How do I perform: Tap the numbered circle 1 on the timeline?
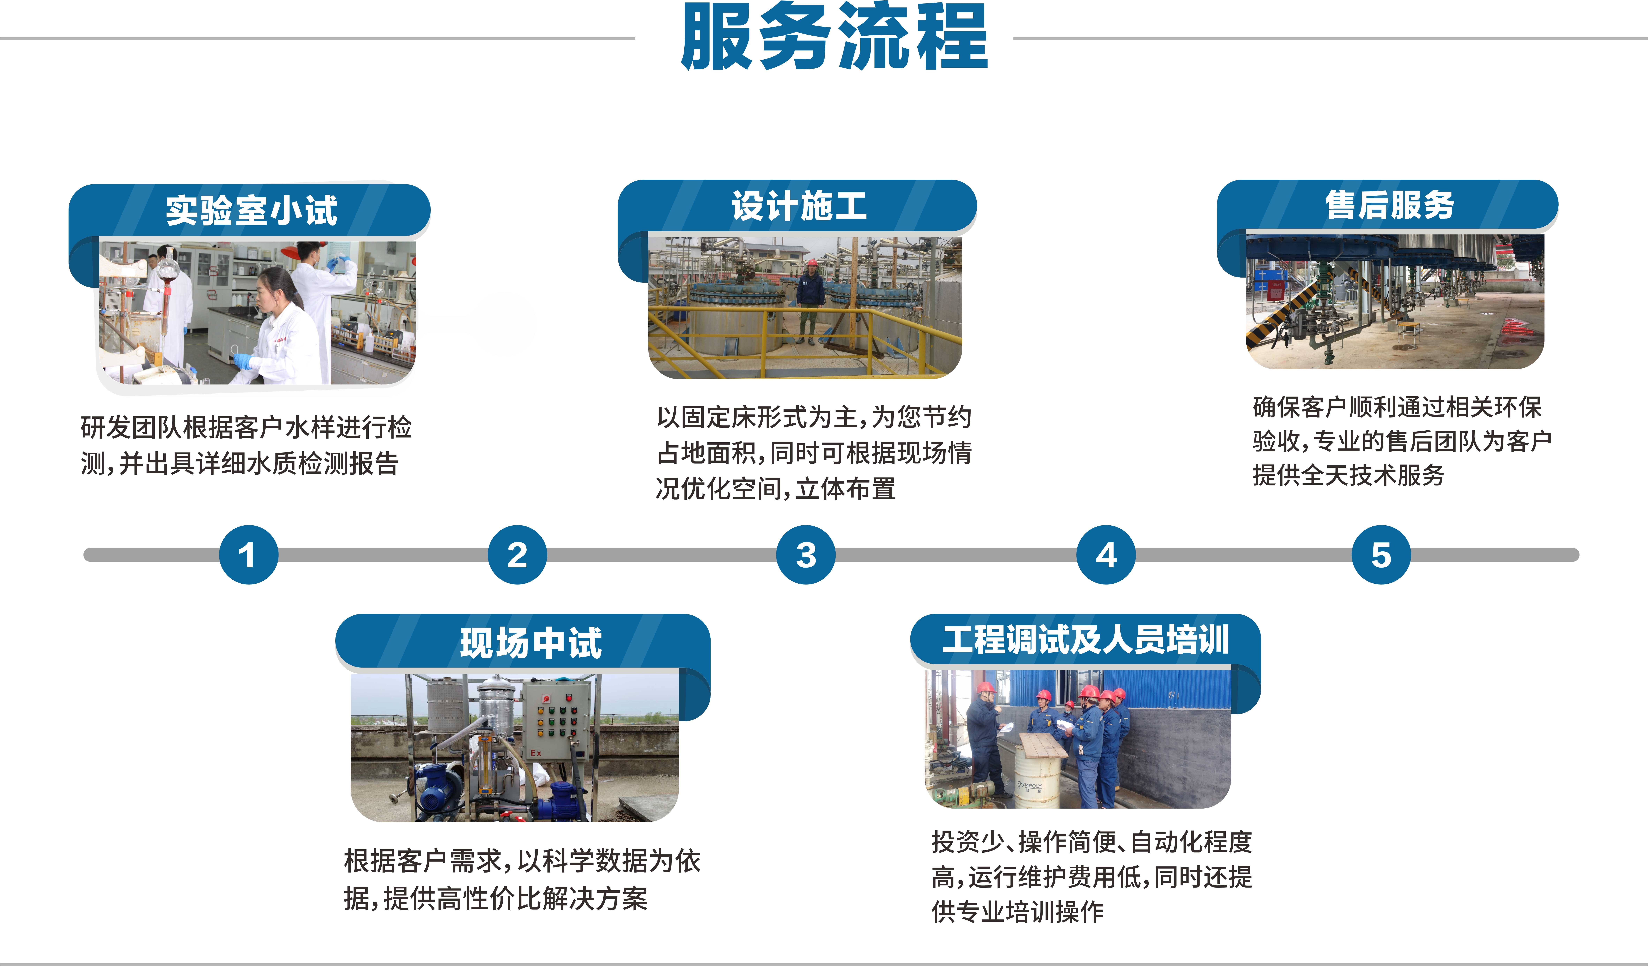(248, 555)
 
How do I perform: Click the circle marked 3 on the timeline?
(806, 555)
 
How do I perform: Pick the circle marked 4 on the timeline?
(1106, 555)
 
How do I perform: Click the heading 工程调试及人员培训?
(1086, 639)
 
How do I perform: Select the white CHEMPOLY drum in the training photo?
(1036, 782)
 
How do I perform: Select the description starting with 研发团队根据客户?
(245, 445)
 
